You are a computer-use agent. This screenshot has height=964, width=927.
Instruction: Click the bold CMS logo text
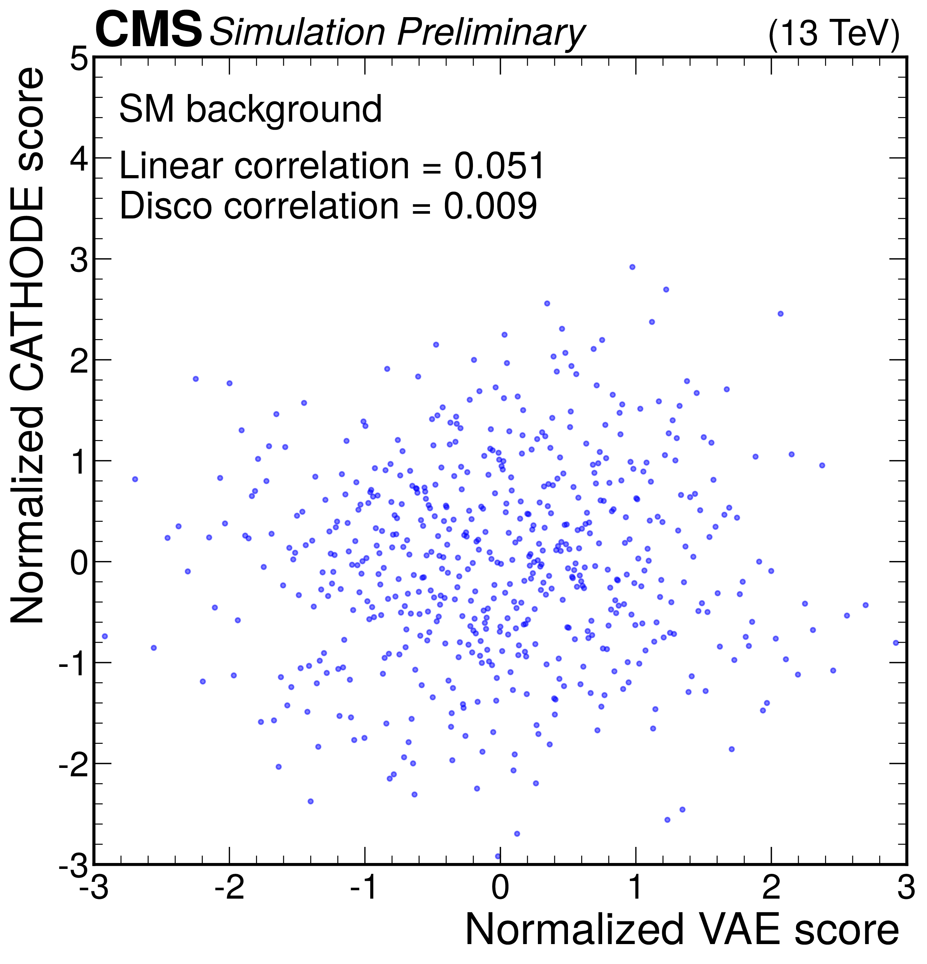click(x=148, y=30)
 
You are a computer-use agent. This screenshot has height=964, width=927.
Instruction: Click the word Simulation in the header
click(x=297, y=32)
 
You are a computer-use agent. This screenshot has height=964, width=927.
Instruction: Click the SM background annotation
click(x=251, y=109)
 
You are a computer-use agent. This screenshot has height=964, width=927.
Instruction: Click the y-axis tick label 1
click(x=79, y=462)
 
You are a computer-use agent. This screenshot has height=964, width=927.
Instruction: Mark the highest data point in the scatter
click(x=632, y=267)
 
